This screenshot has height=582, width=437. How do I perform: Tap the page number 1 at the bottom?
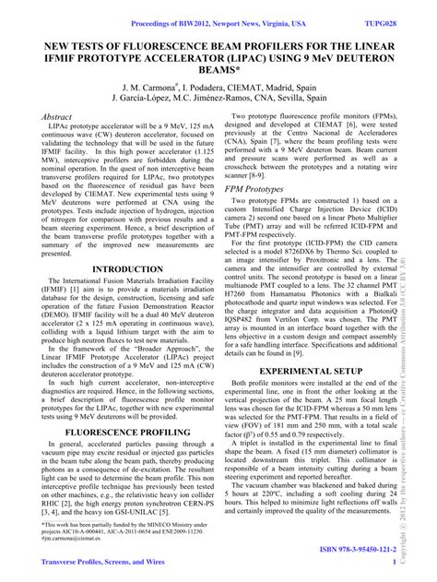tap(395, 562)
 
